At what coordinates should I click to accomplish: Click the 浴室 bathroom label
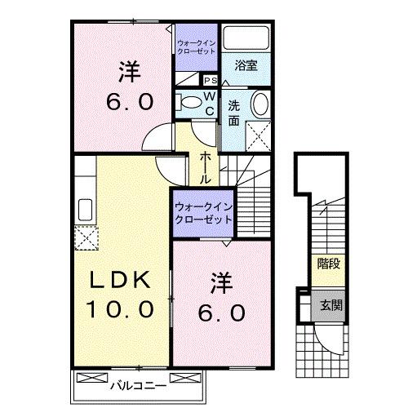tap(246, 66)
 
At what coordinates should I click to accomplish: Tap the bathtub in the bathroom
tap(246, 39)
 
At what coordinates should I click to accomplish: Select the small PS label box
tap(210, 80)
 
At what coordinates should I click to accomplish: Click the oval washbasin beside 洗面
tap(259, 105)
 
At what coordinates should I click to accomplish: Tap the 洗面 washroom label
tap(233, 113)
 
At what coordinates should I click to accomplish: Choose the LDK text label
tap(119, 280)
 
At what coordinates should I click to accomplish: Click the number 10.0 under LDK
tap(119, 309)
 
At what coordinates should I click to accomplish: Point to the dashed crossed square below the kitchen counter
tap(86, 239)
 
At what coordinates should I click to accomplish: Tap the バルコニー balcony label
tap(138, 381)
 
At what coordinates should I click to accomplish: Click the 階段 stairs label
tap(328, 264)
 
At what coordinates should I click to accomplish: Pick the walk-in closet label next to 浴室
tap(196, 46)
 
